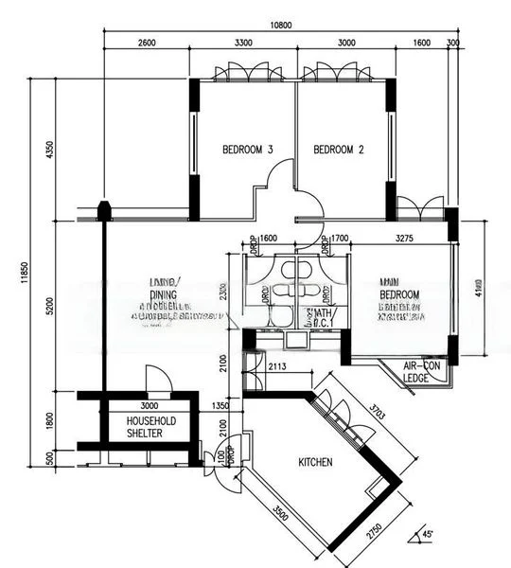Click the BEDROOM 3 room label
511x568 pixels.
tap(248, 150)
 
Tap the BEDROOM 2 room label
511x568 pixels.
tap(339, 150)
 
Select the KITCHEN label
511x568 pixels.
tap(315, 463)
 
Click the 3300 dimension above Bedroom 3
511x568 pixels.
tap(243, 44)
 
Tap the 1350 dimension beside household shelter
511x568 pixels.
tap(220, 405)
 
